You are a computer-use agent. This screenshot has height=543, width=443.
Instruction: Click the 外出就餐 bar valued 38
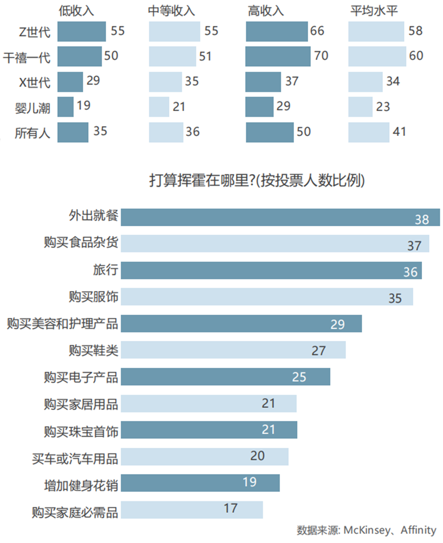click(280, 217)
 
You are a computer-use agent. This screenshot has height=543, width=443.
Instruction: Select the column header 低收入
click(77, 11)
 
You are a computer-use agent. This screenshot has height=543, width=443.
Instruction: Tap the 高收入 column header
click(266, 11)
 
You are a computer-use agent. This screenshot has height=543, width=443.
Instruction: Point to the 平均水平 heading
click(374, 11)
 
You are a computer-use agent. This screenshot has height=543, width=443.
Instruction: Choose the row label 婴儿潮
click(32, 108)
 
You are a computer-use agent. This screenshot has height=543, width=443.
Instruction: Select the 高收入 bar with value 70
click(278, 56)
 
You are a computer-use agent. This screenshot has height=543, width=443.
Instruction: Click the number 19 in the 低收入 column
click(83, 105)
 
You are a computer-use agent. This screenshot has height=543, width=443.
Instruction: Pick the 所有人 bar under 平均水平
click(369, 132)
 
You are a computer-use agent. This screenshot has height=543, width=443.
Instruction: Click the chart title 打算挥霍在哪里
click(257, 181)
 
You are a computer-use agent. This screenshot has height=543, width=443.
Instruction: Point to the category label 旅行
click(105, 270)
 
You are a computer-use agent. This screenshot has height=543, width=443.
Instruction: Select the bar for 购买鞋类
click(233, 350)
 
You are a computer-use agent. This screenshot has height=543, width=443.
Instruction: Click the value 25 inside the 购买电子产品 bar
click(299, 377)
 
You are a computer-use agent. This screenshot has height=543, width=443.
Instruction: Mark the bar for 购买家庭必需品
click(192, 510)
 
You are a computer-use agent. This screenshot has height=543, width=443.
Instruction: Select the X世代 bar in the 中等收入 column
click(165, 82)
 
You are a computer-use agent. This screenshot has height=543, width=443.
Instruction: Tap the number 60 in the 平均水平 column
click(416, 56)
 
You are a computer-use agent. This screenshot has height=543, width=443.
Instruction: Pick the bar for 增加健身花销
click(200, 483)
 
